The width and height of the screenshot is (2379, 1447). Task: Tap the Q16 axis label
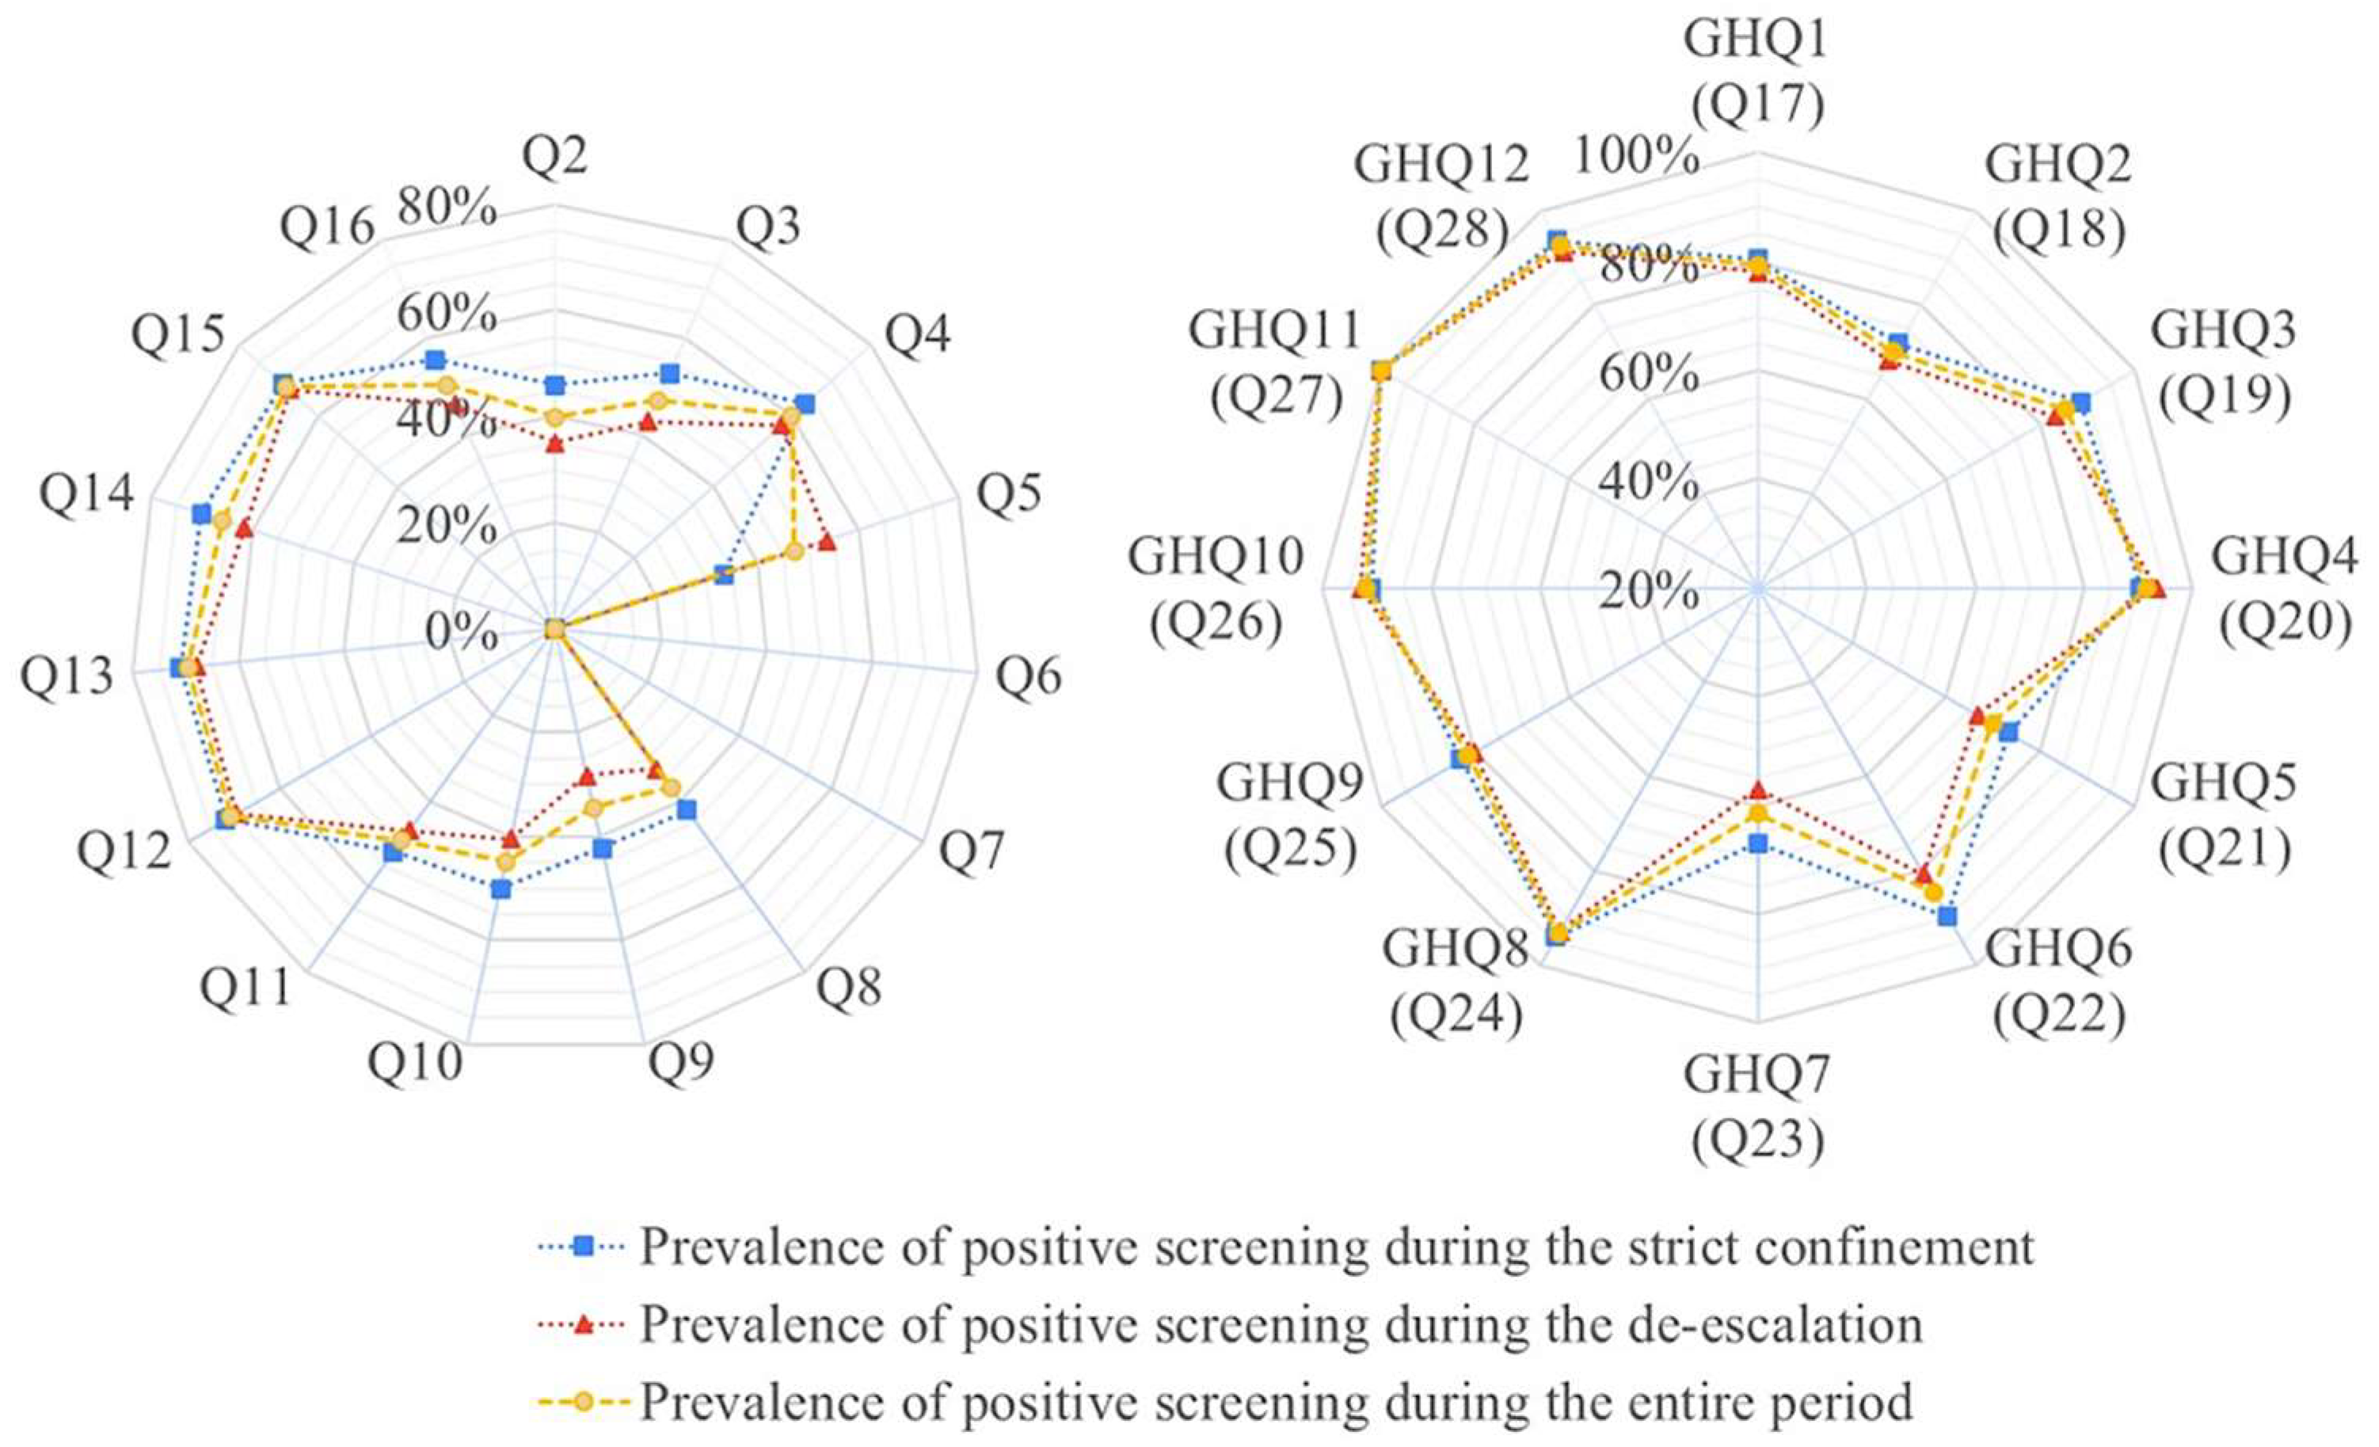(x=326, y=230)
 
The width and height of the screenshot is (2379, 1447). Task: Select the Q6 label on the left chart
(x=1030, y=676)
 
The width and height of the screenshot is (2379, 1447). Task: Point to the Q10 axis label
(x=414, y=1063)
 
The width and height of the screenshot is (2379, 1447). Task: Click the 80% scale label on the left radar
(x=447, y=208)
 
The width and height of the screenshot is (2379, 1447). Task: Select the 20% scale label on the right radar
(x=1648, y=591)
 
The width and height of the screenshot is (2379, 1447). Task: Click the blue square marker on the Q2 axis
(x=554, y=385)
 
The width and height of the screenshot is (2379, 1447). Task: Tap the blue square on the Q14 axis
(x=201, y=513)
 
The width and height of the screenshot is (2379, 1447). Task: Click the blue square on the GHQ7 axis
(x=1758, y=843)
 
